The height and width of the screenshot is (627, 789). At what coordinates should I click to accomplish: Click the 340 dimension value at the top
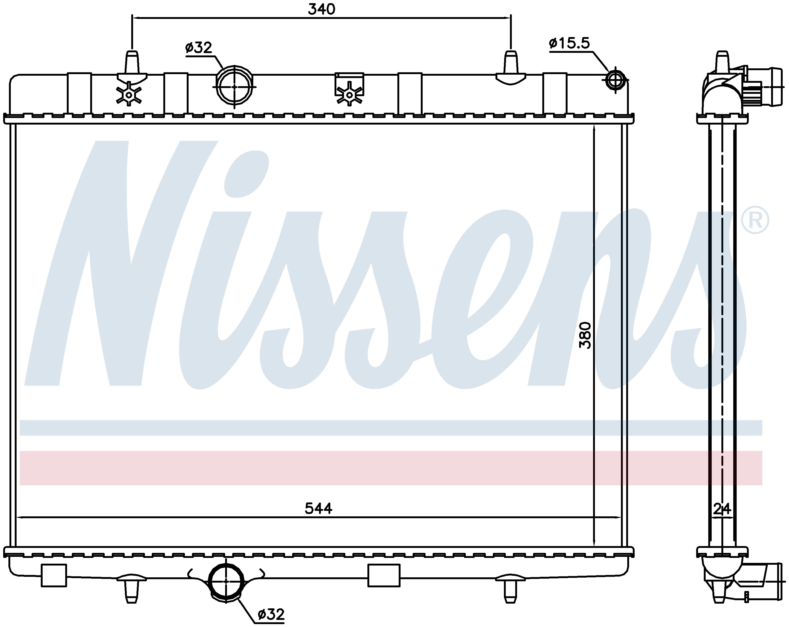[321, 9]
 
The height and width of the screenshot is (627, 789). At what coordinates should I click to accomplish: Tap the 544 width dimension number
[318, 508]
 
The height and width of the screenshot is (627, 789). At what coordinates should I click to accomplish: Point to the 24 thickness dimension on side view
[722, 508]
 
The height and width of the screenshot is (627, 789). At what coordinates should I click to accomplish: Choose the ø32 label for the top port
[199, 48]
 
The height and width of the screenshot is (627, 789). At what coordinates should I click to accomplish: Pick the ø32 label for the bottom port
[271, 615]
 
